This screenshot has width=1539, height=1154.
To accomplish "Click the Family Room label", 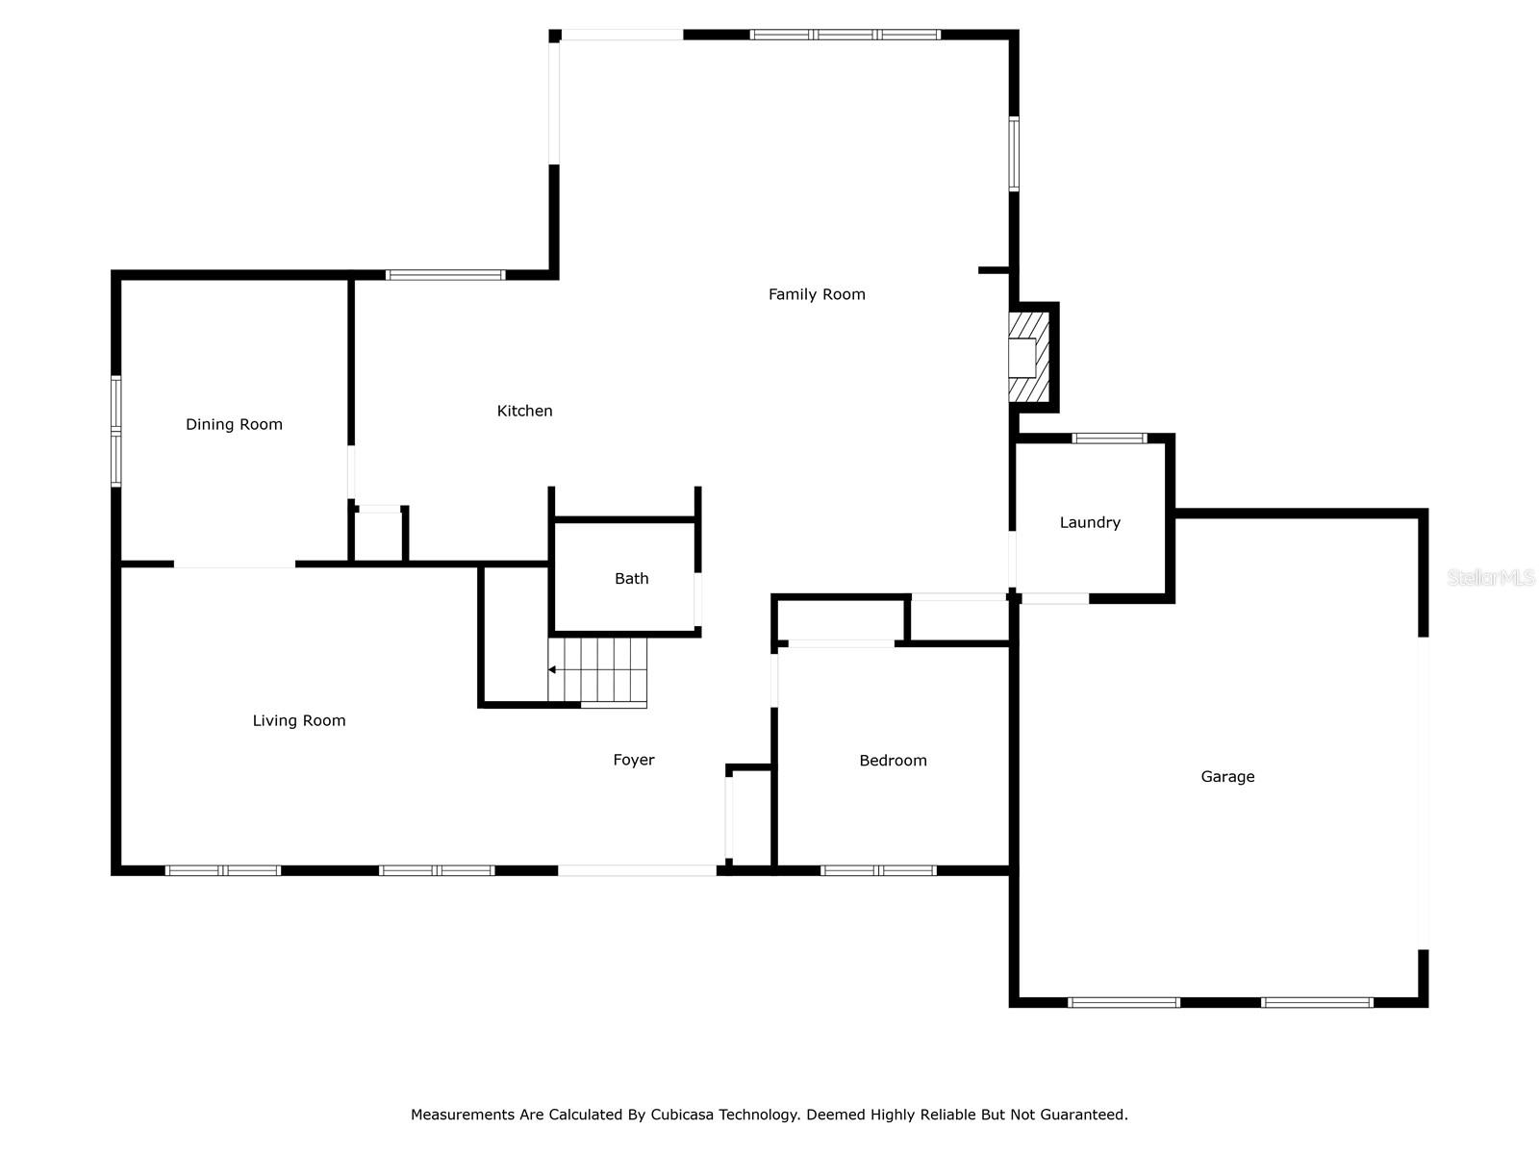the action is (x=816, y=294).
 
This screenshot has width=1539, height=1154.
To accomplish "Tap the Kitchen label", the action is (x=524, y=411).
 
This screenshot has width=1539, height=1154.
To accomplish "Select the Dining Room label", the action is (x=234, y=424).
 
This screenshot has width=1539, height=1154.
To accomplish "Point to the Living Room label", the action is (x=299, y=720).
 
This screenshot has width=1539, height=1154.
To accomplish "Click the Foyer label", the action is (x=633, y=760).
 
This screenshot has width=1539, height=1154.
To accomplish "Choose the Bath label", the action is (x=631, y=578).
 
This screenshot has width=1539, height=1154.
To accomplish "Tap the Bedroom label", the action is (x=893, y=761).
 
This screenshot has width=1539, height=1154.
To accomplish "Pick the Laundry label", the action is (x=1090, y=522).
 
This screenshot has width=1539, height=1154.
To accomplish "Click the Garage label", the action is (x=1227, y=776).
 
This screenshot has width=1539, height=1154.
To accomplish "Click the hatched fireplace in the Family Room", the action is (x=1028, y=357).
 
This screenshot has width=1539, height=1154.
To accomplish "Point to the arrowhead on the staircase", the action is (x=552, y=670).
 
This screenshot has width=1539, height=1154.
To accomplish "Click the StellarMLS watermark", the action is (x=1490, y=577).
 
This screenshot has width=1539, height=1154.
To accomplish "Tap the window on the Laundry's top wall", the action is (x=1109, y=439).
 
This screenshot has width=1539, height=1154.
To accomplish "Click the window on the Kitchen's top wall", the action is (x=445, y=275).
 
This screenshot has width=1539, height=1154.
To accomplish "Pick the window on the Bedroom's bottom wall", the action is (x=878, y=870).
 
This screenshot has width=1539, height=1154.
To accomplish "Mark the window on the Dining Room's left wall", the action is (x=115, y=431).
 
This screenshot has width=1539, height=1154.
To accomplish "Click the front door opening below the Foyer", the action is (x=637, y=870).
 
